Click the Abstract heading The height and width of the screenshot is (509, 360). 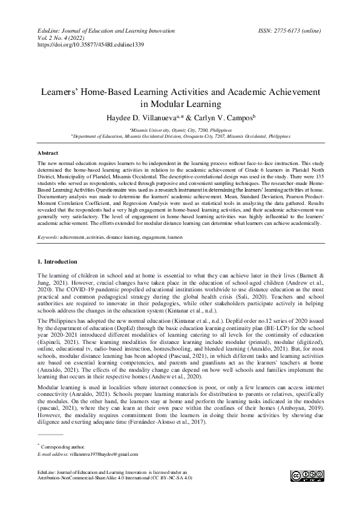48,154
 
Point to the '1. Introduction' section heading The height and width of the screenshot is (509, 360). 57,262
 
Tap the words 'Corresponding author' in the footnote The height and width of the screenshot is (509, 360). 63,447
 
